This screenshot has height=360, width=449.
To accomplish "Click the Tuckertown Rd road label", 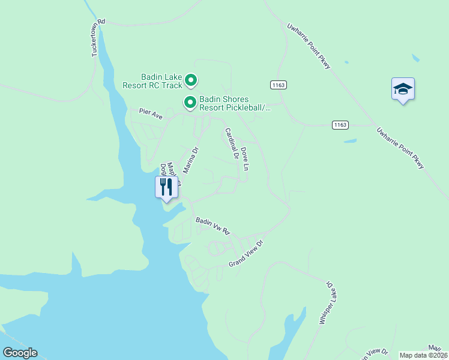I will click(98, 38).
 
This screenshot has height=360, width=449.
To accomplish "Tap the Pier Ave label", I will click(151, 112).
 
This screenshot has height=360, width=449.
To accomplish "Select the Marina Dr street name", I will click(190, 160).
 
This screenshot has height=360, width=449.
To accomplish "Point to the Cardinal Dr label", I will click(232, 143).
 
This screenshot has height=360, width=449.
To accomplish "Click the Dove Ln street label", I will click(244, 159).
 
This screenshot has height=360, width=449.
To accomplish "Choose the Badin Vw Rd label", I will click(213, 226).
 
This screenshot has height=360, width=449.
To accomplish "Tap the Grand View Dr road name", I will click(246, 254).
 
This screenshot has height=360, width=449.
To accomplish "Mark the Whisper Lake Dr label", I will click(325, 303).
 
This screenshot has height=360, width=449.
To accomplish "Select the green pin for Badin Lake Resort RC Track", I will click(191, 80).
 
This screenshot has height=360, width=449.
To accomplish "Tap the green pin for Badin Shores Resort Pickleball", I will click(190, 103).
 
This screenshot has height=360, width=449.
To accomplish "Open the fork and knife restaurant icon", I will click(166, 187).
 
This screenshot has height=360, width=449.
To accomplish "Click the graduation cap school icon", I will click(403, 89).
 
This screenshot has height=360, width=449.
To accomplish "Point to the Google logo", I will click(20, 353).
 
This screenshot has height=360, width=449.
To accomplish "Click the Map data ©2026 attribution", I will click(423, 355).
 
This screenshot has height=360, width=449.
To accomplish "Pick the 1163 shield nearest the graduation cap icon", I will click(340, 124).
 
